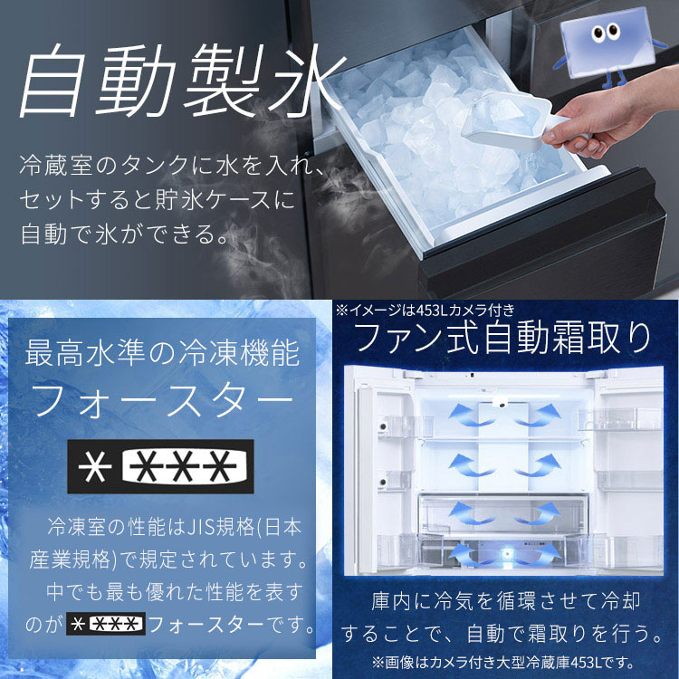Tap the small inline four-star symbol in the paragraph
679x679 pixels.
coord(106,625)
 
